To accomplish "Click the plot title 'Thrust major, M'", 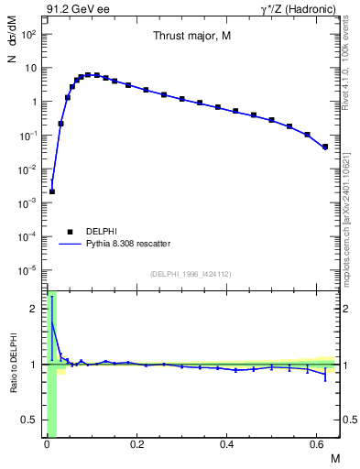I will [x=191, y=36].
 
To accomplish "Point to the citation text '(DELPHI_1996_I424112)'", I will [x=191, y=273].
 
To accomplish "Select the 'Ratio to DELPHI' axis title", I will [x=13, y=365].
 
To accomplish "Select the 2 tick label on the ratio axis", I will [x=36, y=309].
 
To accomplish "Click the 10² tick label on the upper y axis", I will [x=29, y=34].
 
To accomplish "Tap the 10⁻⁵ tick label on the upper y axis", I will [x=29, y=270].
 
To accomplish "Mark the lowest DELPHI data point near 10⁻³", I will [x=52, y=191].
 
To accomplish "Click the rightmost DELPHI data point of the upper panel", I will [x=325, y=147].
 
